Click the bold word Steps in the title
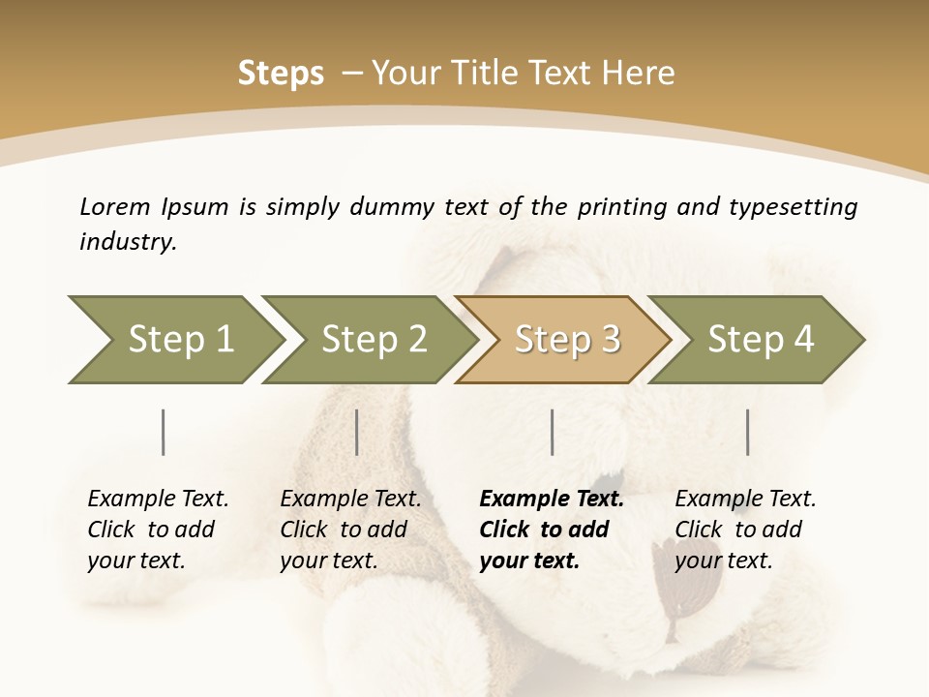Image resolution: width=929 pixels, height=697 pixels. (x=281, y=74)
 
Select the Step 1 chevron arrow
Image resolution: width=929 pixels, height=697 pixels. (x=174, y=339)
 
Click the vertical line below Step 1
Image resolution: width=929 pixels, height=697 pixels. (x=164, y=432)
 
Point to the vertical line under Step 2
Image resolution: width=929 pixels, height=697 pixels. (x=357, y=432)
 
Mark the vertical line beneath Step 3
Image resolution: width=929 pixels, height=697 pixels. (x=552, y=432)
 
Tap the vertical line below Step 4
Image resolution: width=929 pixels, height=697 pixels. (x=747, y=432)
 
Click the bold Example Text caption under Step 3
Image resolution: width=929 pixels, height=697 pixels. (x=552, y=529)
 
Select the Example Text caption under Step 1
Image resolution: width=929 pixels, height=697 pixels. (x=158, y=529)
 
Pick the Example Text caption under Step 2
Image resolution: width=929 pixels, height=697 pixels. (x=350, y=529)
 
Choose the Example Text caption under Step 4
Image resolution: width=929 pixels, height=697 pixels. (x=745, y=529)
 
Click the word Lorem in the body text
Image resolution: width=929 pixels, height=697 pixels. (x=115, y=206)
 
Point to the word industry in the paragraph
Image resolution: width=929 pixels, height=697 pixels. (x=127, y=242)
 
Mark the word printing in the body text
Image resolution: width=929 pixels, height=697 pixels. (x=616, y=207)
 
